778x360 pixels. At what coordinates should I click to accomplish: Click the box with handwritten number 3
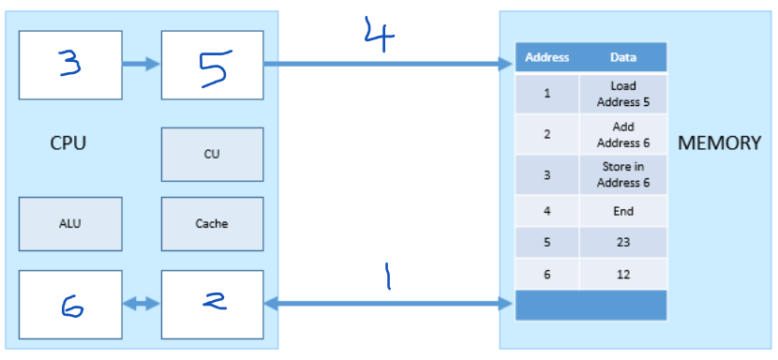click(70, 64)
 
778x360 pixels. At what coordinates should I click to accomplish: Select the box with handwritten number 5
click(212, 64)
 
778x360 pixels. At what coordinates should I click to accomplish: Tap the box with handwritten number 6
click(70, 304)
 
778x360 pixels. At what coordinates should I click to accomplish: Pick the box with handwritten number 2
click(212, 304)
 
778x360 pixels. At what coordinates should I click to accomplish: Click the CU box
click(212, 155)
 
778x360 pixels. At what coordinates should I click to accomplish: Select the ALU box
click(70, 224)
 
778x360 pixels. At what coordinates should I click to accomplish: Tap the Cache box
click(212, 224)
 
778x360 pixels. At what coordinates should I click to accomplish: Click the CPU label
click(69, 144)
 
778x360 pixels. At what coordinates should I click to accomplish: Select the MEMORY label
click(719, 143)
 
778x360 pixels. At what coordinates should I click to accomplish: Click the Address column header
click(547, 57)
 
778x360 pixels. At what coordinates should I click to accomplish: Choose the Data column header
click(623, 57)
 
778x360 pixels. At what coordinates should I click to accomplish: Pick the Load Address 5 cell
click(623, 94)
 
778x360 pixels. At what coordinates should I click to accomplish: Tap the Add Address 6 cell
click(623, 134)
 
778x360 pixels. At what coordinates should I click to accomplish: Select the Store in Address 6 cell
click(623, 175)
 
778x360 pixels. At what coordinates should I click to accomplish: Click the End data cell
click(623, 212)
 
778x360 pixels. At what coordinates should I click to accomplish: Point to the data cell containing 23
click(623, 243)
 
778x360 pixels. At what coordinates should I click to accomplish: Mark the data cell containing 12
click(623, 275)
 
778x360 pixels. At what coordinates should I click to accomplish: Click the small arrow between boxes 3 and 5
click(141, 65)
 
